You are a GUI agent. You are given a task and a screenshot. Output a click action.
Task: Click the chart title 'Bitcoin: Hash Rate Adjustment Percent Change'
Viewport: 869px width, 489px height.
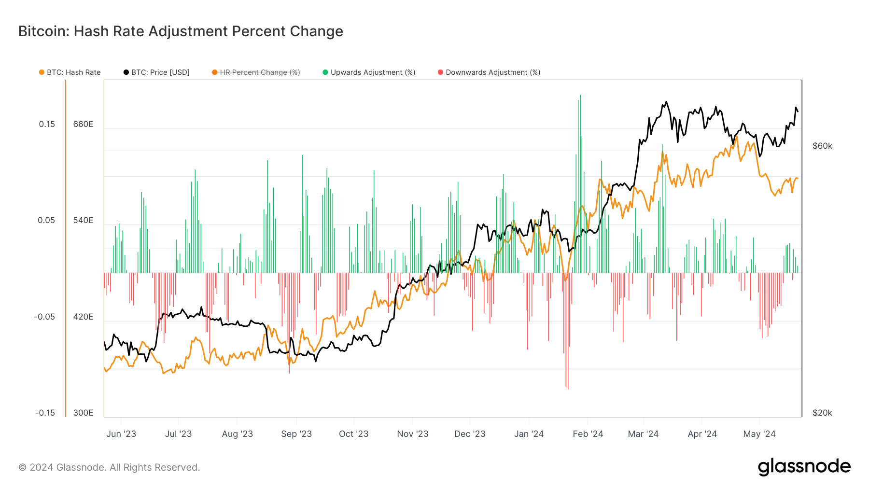[x=181, y=31]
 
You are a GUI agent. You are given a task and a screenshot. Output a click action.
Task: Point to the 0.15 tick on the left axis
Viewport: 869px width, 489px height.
[x=47, y=124]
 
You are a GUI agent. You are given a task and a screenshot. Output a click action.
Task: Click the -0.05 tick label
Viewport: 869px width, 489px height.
[x=44, y=317]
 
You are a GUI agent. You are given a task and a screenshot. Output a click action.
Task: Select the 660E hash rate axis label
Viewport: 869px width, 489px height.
[x=83, y=124]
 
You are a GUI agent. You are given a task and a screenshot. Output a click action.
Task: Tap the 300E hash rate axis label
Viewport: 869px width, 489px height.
[x=83, y=413]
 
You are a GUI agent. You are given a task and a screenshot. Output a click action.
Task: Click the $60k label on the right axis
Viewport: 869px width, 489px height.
[x=822, y=146]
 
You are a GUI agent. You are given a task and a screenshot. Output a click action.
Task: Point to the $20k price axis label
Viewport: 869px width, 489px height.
[x=822, y=413]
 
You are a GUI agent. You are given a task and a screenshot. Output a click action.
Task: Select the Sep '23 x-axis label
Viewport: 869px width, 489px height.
[x=296, y=433]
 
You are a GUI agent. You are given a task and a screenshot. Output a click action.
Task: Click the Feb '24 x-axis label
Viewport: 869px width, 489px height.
[x=588, y=433]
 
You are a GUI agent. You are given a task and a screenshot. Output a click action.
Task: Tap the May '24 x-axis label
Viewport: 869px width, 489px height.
[x=759, y=433]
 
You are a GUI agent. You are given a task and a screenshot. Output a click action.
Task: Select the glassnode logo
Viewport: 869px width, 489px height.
[x=804, y=466]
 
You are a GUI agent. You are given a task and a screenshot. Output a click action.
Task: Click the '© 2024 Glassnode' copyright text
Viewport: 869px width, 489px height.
[x=109, y=467]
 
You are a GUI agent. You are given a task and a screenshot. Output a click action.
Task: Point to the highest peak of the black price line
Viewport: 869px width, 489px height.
[x=666, y=102]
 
